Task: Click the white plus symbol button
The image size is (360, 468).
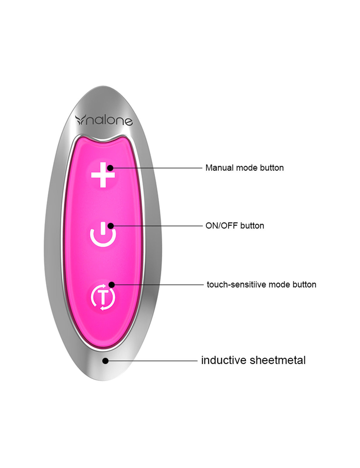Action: coord(103,175)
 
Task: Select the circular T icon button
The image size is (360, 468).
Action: coord(103,297)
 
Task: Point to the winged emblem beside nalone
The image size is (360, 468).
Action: coord(80,120)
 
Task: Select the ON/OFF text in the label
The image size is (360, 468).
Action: coord(222,226)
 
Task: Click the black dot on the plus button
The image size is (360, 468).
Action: coord(110,168)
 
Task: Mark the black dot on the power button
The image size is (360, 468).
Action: coord(111,226)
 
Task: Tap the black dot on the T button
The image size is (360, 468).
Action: coord(111,285)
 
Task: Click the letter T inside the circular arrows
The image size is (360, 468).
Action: coord(103,297)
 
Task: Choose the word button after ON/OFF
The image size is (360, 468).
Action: coord(252,226)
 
